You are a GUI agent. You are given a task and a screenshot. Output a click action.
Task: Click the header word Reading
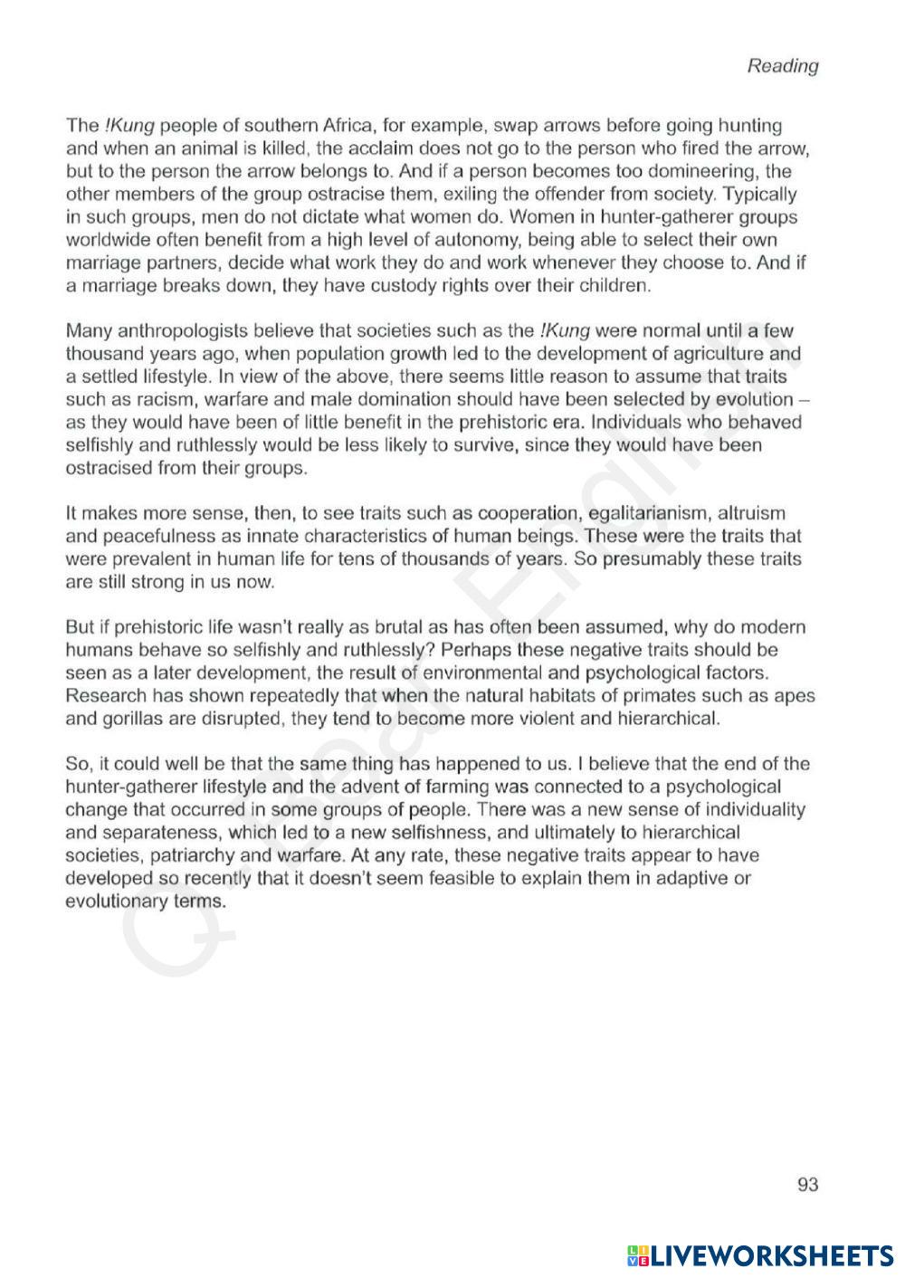(782, 66)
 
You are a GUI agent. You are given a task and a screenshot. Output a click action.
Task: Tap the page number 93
(807, 1184)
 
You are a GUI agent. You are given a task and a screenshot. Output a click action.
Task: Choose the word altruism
(751, 513)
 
